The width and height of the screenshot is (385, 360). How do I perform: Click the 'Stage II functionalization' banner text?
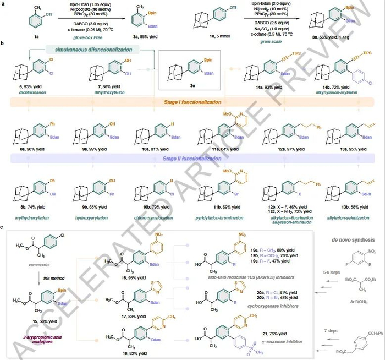tap(188, 157)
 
